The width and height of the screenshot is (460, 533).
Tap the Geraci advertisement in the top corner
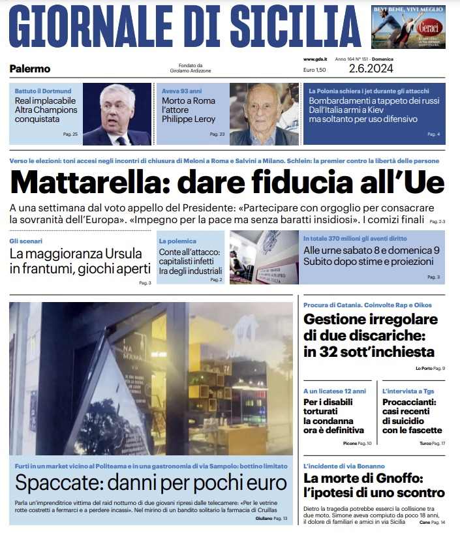tap(408, 27)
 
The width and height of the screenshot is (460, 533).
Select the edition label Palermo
tap(30, 69)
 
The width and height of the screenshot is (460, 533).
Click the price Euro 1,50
tap(314, 70)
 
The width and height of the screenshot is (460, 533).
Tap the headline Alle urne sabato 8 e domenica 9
tap(371, 250)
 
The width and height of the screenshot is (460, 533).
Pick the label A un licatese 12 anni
tap(331, 391)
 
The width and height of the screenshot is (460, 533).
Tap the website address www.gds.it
tap(314, 59)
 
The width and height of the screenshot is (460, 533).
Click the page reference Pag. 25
tap(70, 134)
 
